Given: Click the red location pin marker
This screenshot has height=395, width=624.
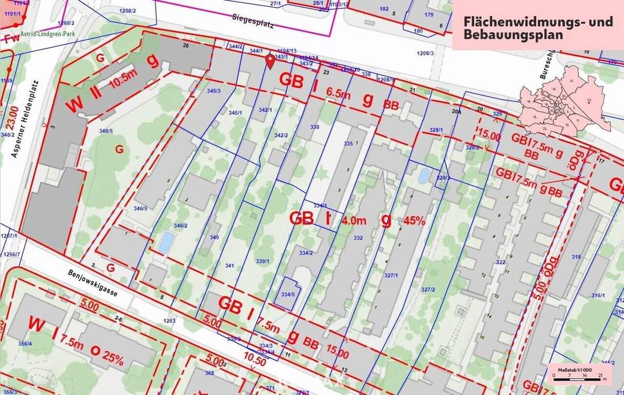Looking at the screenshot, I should (269, 61).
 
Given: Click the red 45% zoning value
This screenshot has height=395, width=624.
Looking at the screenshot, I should (414, 220).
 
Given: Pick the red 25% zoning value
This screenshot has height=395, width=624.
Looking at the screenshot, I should (113, 357).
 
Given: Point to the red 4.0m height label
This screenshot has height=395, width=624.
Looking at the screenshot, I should (354, 220).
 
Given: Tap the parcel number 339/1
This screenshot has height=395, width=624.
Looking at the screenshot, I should (263, 261).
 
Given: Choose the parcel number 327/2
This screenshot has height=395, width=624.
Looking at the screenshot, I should (428, 289).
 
